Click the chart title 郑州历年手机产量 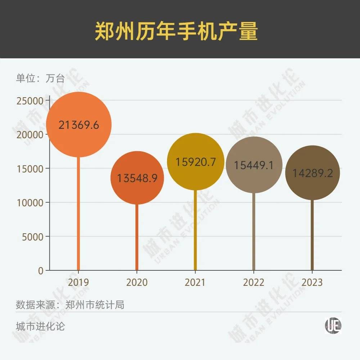coord(176,32)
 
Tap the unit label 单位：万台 coord(40,78)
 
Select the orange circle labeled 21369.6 coord(79,125)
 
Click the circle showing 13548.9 coord(137,178)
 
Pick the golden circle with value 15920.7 coord(196,162)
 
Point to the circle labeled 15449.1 coord(254,165)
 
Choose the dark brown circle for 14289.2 coord(312,173)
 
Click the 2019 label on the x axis coord(78,282)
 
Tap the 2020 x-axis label coord(137,282)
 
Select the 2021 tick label coord(195,282)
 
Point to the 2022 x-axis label coord(253,282)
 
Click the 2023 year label coord(312,282)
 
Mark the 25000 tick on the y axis coord(30,100)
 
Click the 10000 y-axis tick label coord(30,203)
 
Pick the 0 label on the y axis coord(41,271)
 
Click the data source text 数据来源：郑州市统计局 coord(70,305)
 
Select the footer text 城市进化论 coord(40,327)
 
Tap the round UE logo coord(333,325)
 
